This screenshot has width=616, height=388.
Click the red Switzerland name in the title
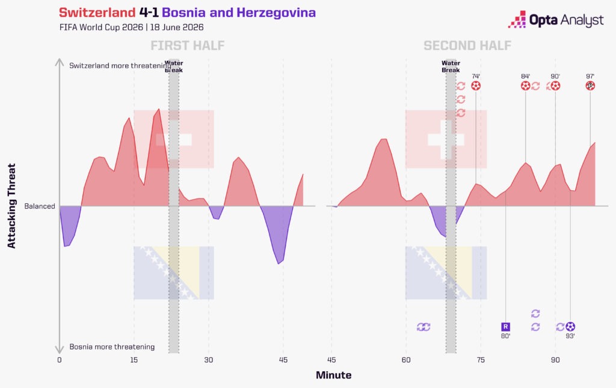[x=97, y=13]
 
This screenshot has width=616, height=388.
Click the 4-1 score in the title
[x=149, y=13]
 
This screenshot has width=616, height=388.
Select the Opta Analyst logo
[x=555, y=20]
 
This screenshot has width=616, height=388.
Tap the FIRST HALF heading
[x=188, y=46]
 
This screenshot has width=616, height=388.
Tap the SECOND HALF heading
[x=467, y=46]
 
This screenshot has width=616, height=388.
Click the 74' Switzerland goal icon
[x=476, y=85]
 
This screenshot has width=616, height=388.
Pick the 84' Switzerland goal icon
[x=526, y=85]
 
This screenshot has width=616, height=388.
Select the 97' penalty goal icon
[x=590, y=85]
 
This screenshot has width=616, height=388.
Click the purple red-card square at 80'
[x=505, y=327]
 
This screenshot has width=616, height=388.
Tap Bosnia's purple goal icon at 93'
[x=570, y=327]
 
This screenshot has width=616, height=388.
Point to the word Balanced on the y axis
[x=40, y=206]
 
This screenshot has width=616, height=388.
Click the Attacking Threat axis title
[x=12, y=206]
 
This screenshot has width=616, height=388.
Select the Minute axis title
[x=333, y=375]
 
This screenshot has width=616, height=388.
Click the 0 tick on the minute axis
[x=60, y=360]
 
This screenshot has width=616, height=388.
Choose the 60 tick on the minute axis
[x=406, y=360]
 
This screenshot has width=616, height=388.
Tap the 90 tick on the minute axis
[x=555, y=360]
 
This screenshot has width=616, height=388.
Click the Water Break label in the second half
[x=451, y=66]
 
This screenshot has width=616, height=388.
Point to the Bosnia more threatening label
[x=112, y=346]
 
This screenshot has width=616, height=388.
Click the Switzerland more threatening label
[x=120, y=66]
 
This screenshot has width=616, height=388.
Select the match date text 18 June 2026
[x=177, y=27]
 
